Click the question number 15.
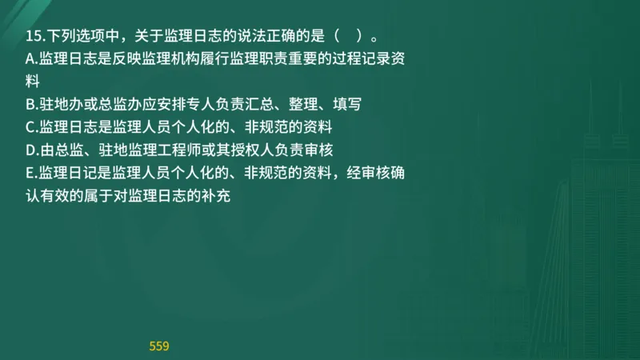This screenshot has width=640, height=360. (x=32, y=36)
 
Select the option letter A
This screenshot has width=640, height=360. (x=30, y=58)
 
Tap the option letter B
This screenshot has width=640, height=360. (x=30, y=104)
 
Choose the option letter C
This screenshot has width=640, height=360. (x=30, y=126)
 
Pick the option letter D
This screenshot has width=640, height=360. (x=30, y=150)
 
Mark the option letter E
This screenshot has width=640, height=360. (x=30, y=172)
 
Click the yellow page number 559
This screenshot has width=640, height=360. (x=159, y=346)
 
